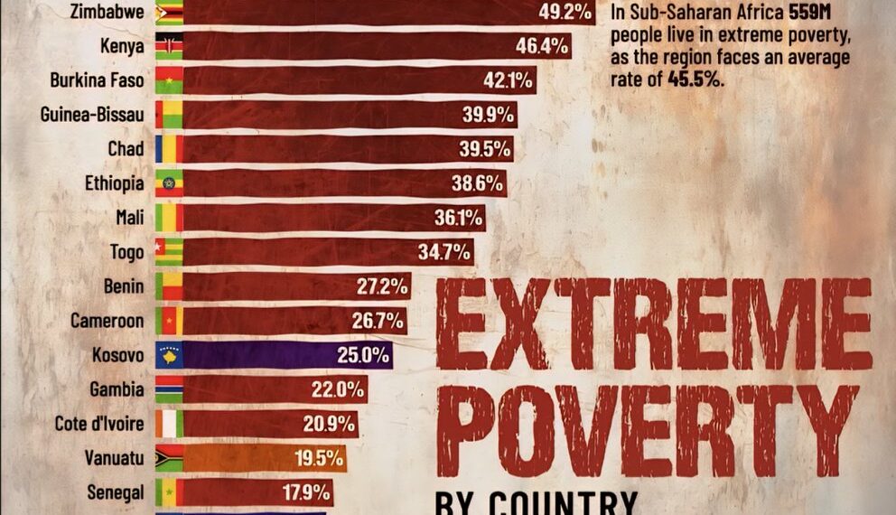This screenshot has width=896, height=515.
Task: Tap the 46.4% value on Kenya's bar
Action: [543, 45]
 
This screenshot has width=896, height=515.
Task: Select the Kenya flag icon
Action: [169, 46]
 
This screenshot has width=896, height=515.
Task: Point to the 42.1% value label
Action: [507, 80]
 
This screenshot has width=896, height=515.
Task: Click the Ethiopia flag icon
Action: [169, 183]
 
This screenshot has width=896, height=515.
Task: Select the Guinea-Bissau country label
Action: [92, 115]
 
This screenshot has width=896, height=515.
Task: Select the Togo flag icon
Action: [169, 252]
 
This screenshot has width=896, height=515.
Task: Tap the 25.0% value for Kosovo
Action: [362, 355]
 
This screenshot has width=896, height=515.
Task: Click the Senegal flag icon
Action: [169, 492]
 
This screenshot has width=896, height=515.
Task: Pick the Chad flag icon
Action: [169, 149]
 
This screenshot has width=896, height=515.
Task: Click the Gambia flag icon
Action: [169, 389]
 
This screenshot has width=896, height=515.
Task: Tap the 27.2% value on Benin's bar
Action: [380, 286]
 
